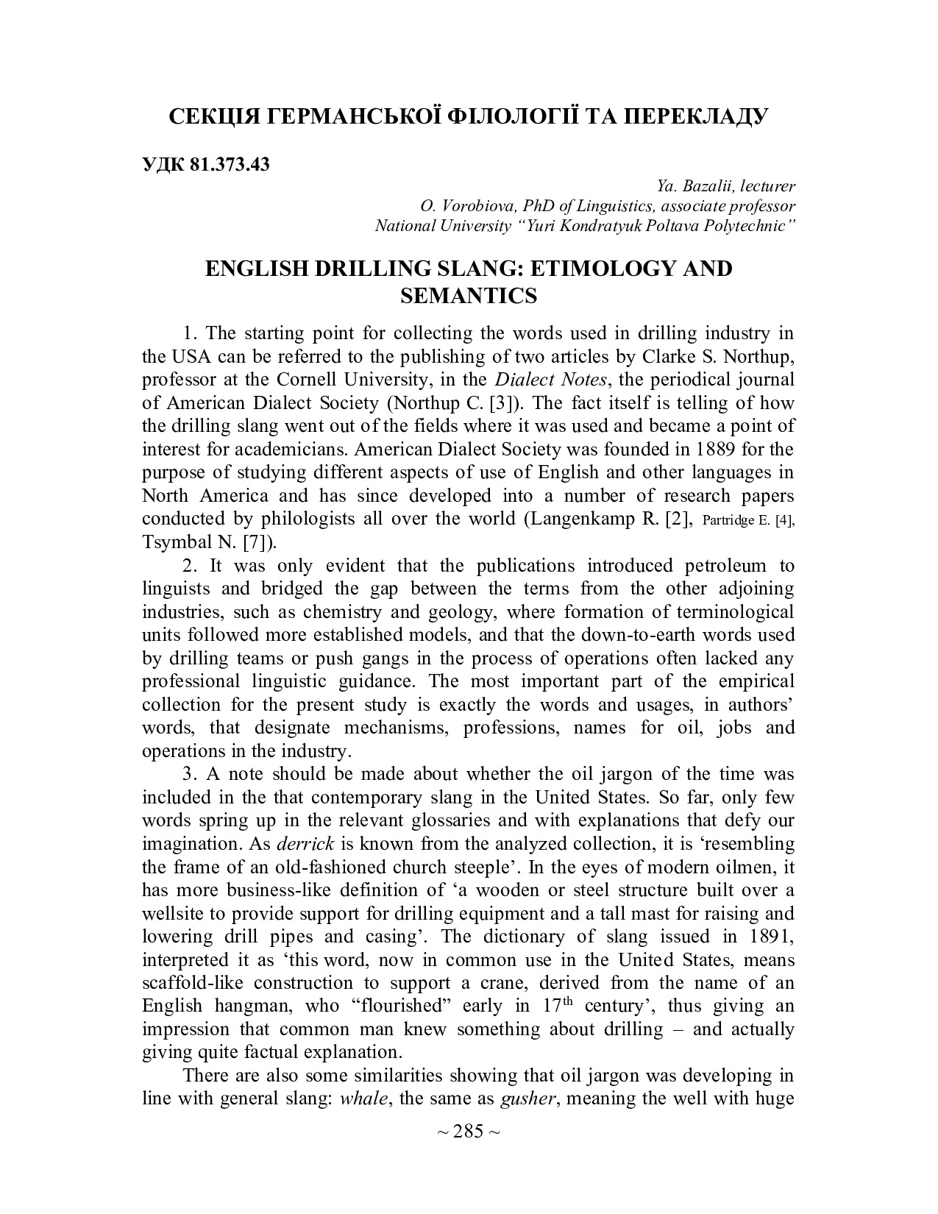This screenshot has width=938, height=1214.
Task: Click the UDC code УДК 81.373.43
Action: click(206, 164)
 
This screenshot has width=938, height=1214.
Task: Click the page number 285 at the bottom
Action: click(469, 1132)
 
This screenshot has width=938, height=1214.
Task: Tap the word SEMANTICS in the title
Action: click(469, 296)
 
